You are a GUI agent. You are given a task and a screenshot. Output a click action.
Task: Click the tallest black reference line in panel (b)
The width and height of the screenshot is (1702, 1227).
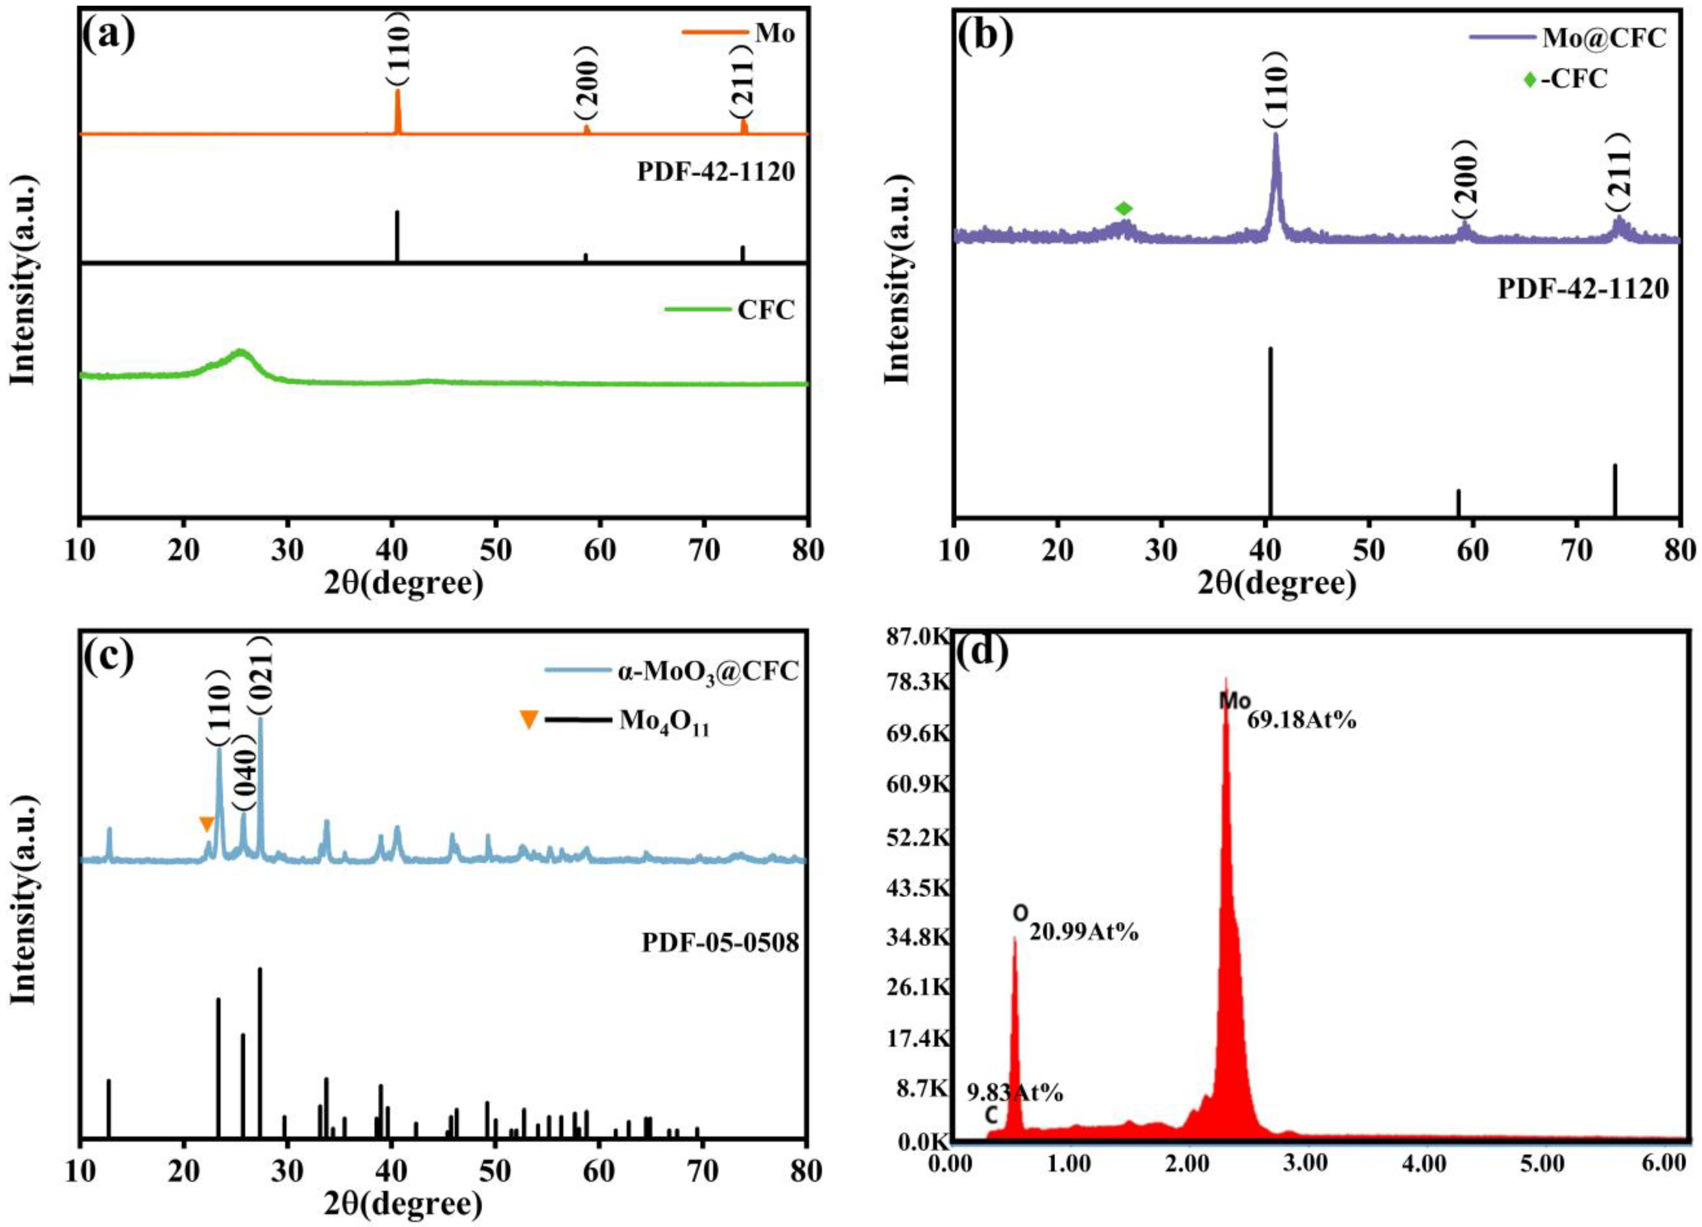tap(1270, 428)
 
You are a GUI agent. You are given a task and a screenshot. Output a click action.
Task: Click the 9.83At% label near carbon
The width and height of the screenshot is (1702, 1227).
tap(1014, 1093)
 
